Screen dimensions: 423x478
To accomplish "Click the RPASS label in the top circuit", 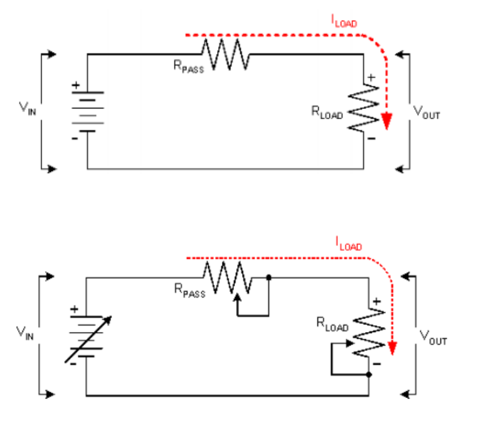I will tap(188, 66).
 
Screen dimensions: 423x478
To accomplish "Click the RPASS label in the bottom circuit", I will tap(189, 291).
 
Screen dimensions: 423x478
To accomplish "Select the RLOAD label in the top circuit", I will tap(327, 112).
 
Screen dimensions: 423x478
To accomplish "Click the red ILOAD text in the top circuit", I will tap(344, 23).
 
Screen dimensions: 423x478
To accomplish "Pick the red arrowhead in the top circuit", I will tap(386, 120).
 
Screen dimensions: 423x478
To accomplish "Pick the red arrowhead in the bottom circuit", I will tap(393, 346).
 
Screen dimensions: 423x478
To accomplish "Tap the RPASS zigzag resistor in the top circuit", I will tap(225, 55).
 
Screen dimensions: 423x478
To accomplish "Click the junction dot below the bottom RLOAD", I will tap(369, 375).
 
